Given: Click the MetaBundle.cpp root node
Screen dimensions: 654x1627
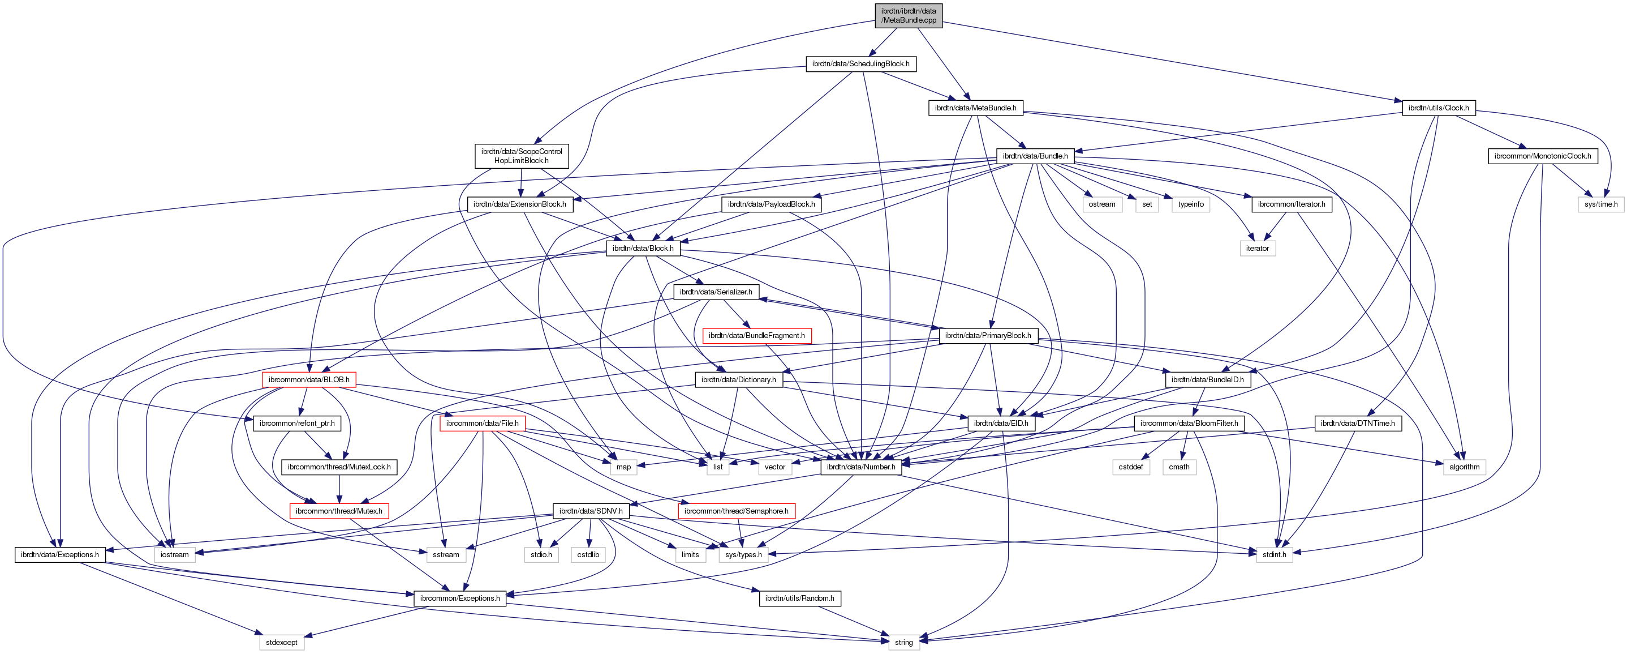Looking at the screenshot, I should pos(908,16).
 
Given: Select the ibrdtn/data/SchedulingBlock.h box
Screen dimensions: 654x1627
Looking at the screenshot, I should pos(860,64).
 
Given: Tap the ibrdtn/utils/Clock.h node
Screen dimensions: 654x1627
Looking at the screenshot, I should pos(1438,108).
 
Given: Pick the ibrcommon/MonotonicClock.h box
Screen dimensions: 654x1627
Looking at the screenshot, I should pos(1542,156).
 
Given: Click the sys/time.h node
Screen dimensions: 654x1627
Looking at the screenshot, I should pos(1600,204).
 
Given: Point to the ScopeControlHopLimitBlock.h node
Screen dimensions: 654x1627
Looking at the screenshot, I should pos(521,156).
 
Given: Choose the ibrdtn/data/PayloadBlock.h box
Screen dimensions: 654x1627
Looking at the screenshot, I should pos(771,204).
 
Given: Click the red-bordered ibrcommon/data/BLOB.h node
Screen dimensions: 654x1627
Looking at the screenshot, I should pos(309,380).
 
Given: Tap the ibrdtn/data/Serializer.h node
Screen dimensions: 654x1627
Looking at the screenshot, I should pos(716,292).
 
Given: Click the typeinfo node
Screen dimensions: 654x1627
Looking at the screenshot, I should pos(1191,204).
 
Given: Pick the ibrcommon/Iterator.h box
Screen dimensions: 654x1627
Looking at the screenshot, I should pos(1291,204).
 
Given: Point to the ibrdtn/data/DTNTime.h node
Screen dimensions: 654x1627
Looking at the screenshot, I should pos(1357,424).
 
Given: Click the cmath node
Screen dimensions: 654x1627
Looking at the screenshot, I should pos(1178,467).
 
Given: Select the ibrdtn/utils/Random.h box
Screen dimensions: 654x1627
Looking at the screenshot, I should pos(799,599).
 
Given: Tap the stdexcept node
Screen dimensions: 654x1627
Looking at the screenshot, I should pos(281,643).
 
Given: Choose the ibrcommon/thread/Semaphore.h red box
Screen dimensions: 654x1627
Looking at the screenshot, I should pos(736,511).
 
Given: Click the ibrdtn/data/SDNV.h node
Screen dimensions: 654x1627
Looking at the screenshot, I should pos(591,511).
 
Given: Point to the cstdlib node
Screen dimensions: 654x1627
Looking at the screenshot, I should pos(588,555).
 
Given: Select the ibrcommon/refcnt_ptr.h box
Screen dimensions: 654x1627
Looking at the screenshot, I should pos(297,424).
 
